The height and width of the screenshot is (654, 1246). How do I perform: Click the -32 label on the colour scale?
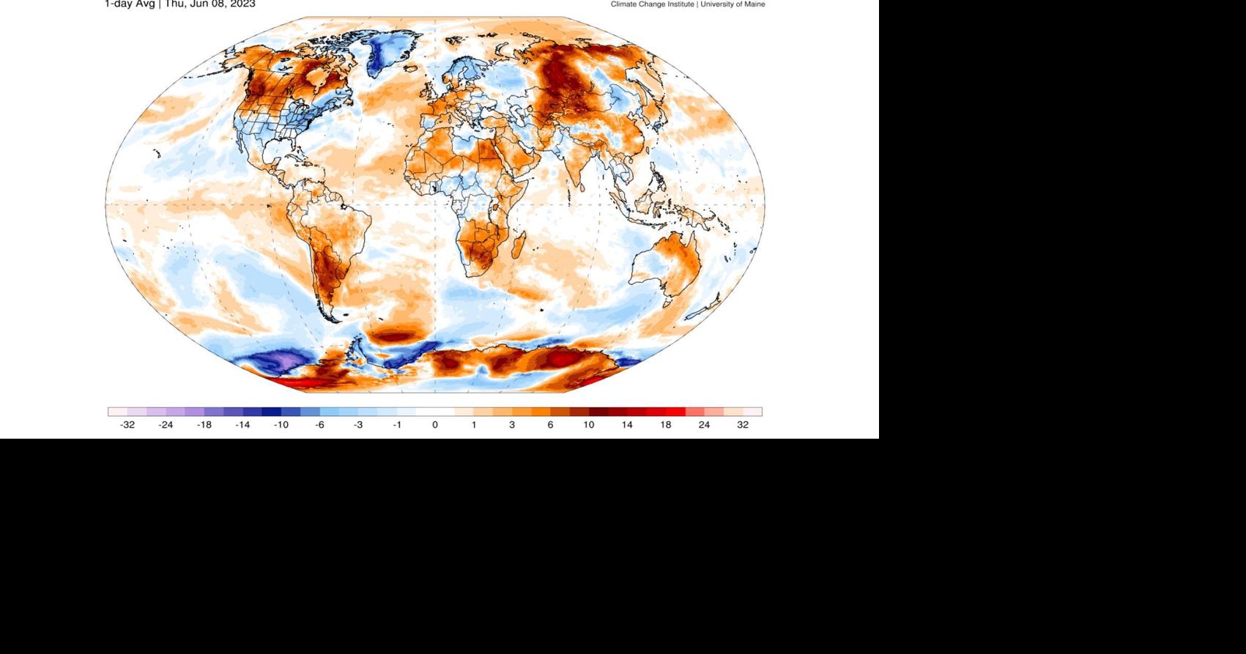(127, 425)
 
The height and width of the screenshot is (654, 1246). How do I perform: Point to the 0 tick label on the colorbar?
(435, 425)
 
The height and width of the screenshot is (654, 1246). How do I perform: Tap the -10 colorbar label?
(281, 425)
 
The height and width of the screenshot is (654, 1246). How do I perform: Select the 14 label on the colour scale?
(627, 425)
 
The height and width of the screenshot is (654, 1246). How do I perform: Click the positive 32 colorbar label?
(743, 425)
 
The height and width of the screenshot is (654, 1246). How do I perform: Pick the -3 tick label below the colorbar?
(358, 425)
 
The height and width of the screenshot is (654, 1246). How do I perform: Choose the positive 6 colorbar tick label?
(550, 425)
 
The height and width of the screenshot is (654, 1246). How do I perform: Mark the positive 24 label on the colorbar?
(704, 425)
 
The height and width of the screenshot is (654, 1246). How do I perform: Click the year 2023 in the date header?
(243, 4)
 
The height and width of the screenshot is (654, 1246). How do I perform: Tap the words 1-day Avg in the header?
(130, 4)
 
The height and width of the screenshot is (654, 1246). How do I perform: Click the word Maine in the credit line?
(754, 4)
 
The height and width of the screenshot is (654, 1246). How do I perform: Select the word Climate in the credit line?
(624, 4)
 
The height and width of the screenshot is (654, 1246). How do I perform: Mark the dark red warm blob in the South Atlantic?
(396, 335)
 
